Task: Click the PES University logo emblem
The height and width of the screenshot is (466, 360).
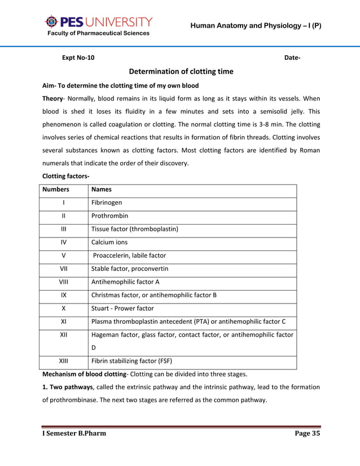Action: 51,22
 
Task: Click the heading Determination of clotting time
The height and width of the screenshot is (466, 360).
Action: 181,72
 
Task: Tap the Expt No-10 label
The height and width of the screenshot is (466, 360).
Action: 78,58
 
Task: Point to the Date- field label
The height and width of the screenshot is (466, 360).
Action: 292,58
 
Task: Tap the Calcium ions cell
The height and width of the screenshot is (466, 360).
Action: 109,242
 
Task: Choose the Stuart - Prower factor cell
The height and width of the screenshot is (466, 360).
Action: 122,309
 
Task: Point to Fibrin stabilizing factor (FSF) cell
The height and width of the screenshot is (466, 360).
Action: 131,361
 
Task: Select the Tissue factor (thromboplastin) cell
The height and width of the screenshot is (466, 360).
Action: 135,229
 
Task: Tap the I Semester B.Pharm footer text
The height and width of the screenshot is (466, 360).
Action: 74,433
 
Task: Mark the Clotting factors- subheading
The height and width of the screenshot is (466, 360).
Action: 65,176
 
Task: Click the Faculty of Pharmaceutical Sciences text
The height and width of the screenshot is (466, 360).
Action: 98,33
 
